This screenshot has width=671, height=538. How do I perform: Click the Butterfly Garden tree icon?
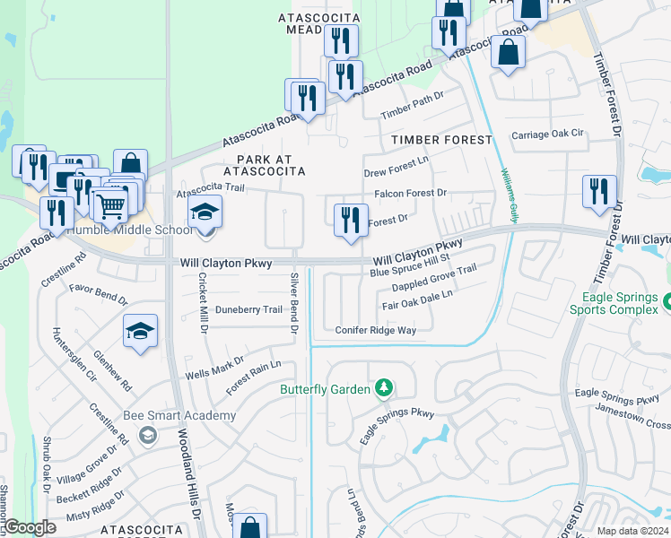(384, 388)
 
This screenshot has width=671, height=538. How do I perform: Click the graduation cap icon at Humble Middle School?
(205, 214)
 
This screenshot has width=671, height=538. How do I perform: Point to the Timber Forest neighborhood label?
(441, 140)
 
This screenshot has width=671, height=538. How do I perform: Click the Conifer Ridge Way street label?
(376, 331)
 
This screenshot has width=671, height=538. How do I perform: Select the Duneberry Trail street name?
(248, 310)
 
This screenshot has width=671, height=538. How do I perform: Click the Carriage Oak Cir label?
(548, 134)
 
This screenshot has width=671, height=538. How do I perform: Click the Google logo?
(30, 527)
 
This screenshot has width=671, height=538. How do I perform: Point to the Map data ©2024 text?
(632, 531)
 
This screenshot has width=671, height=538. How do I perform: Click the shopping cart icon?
(109, 207)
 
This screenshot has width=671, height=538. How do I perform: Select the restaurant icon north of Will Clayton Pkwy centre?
(350, 221)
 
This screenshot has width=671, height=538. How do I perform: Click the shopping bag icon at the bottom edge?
(250, 527)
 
